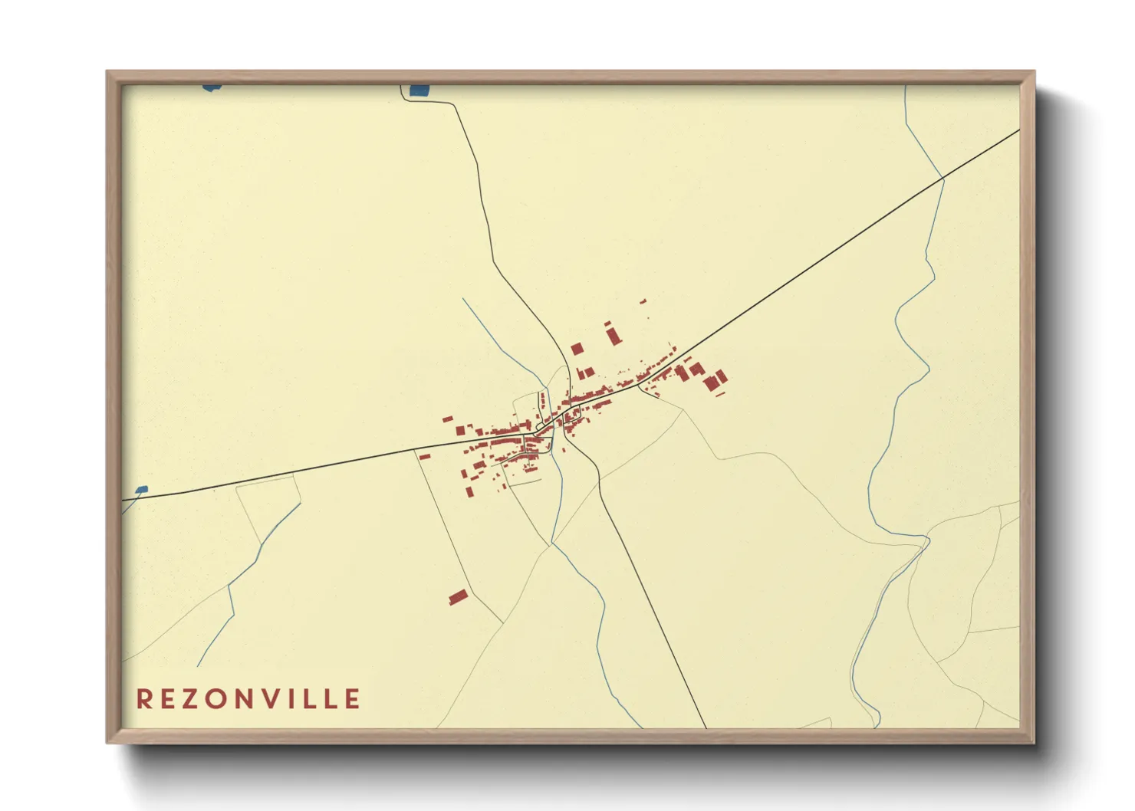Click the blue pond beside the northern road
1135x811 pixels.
tap(419, 90)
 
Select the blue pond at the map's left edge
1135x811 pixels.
tap(140, 489)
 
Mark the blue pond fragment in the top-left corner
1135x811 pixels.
tap(212, 87)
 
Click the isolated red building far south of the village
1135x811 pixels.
tap(458, 596)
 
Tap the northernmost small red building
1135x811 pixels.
tap(643, 301)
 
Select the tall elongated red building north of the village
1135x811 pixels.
tap(614, 335)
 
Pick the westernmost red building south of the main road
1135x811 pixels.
tap(424, 456)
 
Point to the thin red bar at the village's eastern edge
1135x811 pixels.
tap(720, 394)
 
